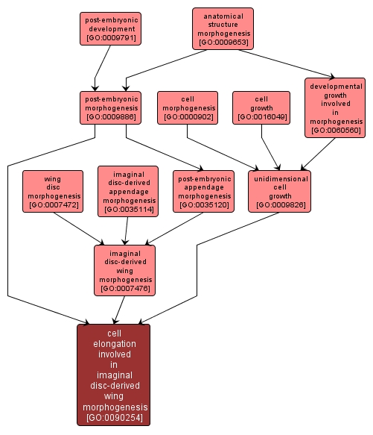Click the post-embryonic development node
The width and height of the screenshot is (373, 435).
pos(110,28)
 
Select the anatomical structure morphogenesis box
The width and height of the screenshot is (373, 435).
pos(223,29)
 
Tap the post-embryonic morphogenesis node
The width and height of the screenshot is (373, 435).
pos(110,107)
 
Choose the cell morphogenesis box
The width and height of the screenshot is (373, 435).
pos(188,107)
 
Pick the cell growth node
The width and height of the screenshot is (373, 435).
pos(261,107)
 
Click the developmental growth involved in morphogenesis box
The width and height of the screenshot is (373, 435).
pos(335,107)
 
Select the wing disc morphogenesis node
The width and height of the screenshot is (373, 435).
pos(53,192)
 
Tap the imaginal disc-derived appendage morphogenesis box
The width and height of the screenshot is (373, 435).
pos(128,192)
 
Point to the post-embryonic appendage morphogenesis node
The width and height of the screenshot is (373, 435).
pos(203,192)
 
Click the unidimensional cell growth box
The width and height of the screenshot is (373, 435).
pos(280,192)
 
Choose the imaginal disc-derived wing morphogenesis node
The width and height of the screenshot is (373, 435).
pos(124,271)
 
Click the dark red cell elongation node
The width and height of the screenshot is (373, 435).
pos(113,375)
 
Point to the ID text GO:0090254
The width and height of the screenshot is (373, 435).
pos(115,417)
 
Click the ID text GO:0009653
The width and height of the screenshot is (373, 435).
pos(224,43)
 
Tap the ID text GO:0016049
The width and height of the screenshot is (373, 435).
pos(262,117)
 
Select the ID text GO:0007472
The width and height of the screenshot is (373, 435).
pos(54,204)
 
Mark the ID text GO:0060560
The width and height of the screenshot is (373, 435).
pos(336,130)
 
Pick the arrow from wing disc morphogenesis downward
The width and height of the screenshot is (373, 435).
pos(79,229)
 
